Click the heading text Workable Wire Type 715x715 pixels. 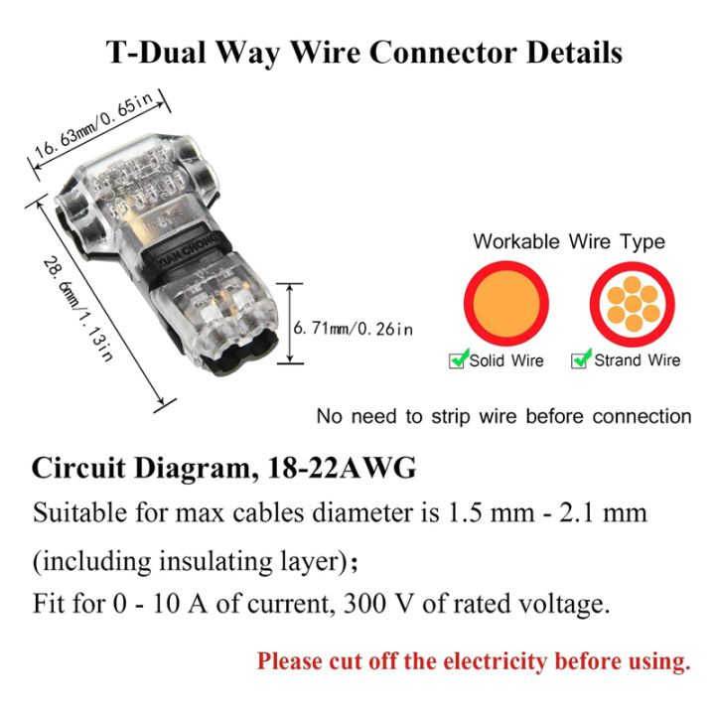pos(569,241)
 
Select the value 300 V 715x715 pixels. pos(445,603)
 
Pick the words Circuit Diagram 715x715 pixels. pos(137,468)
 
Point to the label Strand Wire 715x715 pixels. pos(637,360)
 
